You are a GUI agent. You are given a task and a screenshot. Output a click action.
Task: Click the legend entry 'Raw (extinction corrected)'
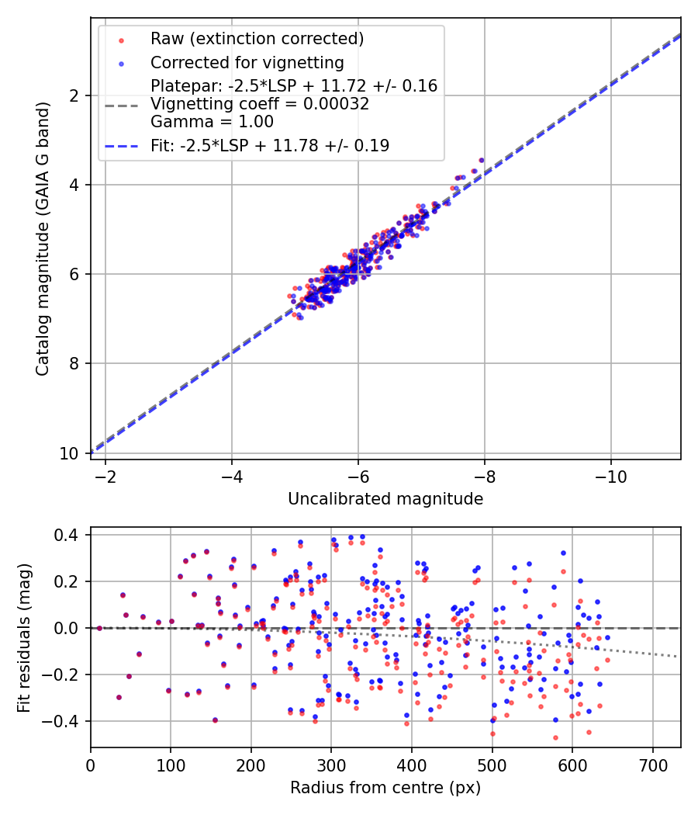pyautogui.click(x=257, y=39)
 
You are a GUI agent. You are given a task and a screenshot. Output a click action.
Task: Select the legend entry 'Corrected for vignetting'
pyautogui.click(x=247, y=62)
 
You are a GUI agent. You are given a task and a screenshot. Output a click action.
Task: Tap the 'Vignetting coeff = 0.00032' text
pyautogui.click(x=259, y=103)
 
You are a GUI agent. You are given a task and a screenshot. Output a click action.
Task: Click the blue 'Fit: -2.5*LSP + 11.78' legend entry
pyautogui.click(x=269, y=145)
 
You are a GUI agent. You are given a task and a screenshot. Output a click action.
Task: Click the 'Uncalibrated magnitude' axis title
pyautogui.click(x=385, y=498)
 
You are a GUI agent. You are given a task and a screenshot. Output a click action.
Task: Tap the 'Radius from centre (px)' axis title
pyautogui.click(x=385, y=787)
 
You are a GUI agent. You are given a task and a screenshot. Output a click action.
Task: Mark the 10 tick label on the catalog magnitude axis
pyautogui.click(x=71, y=453)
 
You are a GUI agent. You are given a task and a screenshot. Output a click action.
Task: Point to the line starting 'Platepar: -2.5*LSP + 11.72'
pyautogui.click(x=294, y=85)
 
